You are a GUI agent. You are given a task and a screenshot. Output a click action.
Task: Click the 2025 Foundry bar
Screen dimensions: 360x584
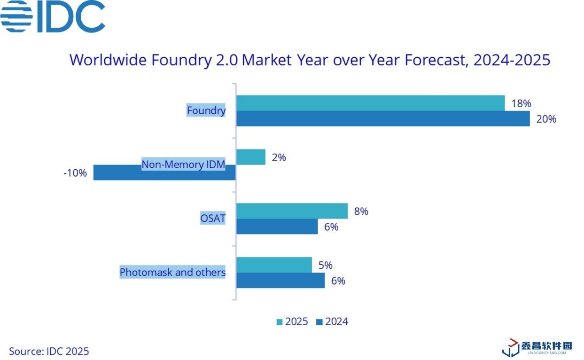[x=370, y=103]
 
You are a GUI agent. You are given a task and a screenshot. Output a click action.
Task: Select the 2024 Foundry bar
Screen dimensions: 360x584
[x=383, y=119]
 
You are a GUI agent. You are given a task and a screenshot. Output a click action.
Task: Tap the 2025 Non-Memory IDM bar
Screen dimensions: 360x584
[x=251, y=157]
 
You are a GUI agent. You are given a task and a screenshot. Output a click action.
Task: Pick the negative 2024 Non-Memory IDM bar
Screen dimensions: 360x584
[x=164, y=173]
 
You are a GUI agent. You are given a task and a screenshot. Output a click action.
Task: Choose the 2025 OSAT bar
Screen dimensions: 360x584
[x=292, y=211]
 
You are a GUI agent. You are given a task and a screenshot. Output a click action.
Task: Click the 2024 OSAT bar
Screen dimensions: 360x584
[x=277, y=227]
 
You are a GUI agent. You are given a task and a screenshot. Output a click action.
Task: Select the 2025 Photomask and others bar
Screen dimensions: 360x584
[x=274, y=265]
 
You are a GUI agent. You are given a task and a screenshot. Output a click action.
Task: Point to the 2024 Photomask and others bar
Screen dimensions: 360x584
[x=280, y=281]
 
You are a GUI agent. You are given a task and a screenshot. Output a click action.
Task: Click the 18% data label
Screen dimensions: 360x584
[x=521, y=104]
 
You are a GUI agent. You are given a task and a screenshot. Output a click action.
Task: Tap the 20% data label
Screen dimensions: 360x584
[x=546, y=119]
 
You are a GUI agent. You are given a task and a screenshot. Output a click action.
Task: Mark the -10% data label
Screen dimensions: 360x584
[x=75, y=173]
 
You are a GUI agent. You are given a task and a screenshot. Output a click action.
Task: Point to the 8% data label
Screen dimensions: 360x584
[x=361, y=211]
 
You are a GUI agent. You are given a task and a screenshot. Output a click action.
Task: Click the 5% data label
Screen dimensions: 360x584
[x=325, y=265]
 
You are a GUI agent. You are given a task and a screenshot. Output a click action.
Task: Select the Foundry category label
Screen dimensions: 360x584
[x=206, y=110]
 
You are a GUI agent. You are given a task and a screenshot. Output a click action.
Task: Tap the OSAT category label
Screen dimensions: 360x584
[x=213, y=219]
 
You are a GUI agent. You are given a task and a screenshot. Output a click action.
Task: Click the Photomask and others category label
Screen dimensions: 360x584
[x=172, y=272]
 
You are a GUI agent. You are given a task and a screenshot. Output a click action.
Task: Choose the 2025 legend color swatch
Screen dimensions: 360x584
[x=279, y=322]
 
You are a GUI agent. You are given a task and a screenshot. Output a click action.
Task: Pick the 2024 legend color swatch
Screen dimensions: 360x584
[x=319, y=322]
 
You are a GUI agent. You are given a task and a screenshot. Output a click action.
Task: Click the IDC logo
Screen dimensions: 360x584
[x=53, y=16]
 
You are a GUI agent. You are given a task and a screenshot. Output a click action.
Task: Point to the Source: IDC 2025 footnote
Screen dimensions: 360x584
[x=49, y=351]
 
